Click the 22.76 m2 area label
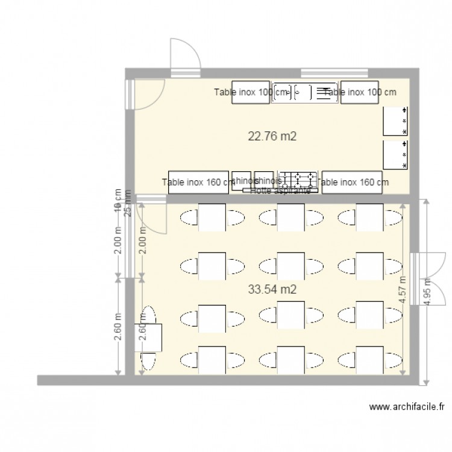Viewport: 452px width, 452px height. tap(272, 136)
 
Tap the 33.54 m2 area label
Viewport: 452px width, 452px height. tap(272, 289)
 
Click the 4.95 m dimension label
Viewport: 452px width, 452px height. tap(427, 293)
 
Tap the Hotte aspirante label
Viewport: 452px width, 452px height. tap(280, 190)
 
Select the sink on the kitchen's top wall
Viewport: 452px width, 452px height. tap(304, 92)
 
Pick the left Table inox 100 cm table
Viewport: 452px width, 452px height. tap(251, 92)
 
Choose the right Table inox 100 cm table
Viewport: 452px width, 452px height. tap(359, 92)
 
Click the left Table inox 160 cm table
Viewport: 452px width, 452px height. tap(198, 182)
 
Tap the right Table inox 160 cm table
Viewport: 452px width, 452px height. tap(352, 182)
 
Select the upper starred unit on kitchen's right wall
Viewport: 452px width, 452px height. tap(396, 121)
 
